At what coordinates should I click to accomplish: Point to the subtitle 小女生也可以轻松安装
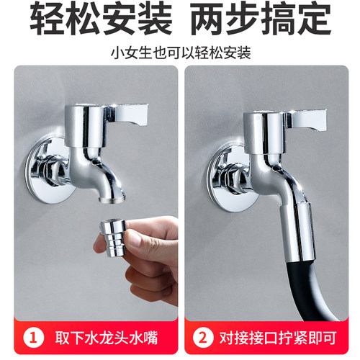click(x=180, y=53)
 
